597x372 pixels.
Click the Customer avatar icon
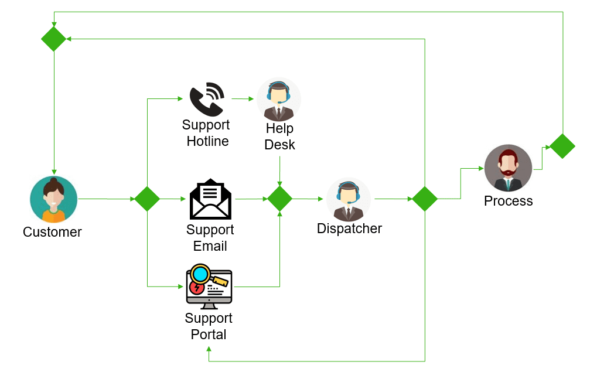[x=53, y=199]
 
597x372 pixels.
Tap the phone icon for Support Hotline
[x=207, y=99]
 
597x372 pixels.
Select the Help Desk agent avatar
[x=279, y=99]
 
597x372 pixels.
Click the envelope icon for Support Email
[x=210, y=199]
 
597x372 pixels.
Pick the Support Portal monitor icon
[x=209, y=286]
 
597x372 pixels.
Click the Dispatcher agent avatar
[x=349, y=199]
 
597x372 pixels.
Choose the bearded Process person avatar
[x=508, y=168]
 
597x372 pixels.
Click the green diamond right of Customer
[x=147, y=199]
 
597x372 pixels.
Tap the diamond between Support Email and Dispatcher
[x=279, y=199]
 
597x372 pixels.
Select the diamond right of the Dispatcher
[x=425, y=199]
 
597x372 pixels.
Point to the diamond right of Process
[x=562, y=146]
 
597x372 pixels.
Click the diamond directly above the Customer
[x=54, y=39]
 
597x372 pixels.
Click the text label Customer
[x=52, y=232]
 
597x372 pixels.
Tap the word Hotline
[x=207, y=141]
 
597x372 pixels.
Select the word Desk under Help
[x=279, y=145]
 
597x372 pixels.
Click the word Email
[x=210, y=246]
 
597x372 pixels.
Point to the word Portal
[x=209, y=335]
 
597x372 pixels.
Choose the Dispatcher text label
[x=349, y=228]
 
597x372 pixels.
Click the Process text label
[x=508, y=201]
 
